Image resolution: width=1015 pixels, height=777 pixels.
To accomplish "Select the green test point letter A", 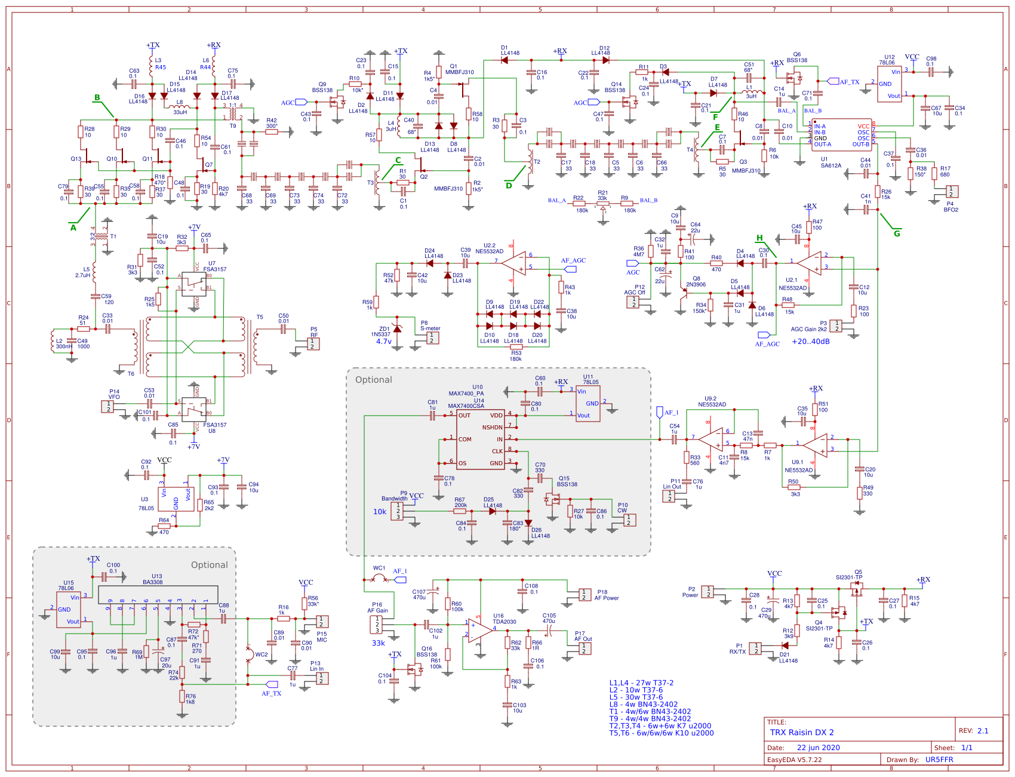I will coord(73,228).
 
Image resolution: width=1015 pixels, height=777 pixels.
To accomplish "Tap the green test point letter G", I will coord(897,234).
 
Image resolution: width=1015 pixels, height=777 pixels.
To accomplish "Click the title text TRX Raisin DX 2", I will coord(802,732).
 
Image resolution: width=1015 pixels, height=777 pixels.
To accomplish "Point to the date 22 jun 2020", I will coord(818,748).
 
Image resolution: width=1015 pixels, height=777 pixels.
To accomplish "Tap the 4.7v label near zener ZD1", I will coord(383,342).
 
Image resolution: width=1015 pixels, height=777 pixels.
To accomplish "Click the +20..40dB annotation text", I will coord(810,342).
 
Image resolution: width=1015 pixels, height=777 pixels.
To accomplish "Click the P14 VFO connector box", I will coord(107,406).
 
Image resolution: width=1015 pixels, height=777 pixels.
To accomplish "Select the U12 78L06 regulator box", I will coord(889,84).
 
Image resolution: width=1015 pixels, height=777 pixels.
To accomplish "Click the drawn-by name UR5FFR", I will coord(939,760).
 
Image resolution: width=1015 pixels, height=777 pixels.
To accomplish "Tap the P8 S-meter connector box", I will coord(431,337).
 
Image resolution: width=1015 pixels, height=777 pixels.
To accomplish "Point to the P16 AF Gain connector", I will coord(377,625).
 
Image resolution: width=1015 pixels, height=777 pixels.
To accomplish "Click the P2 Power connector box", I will coord(708,591).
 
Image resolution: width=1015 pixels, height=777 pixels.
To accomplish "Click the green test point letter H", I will coord(759,238).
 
